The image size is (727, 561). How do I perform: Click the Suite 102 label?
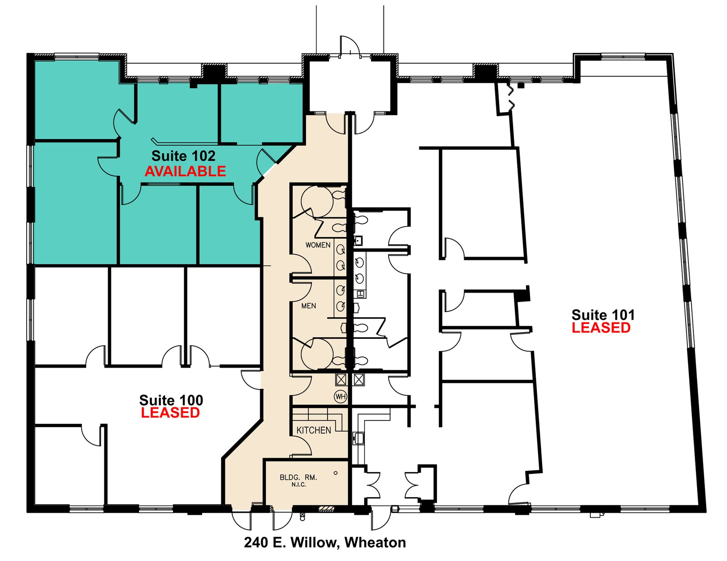tap(183, 156)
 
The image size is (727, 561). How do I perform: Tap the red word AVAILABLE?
tap(185, 171)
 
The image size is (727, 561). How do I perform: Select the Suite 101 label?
tap(603, 315)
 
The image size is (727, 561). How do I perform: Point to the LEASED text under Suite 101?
tap(601, 328)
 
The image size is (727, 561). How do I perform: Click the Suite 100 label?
tap(171, 400)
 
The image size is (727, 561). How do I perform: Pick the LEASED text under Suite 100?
tap(170, 413)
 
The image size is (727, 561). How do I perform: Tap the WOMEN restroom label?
tap(318, 245)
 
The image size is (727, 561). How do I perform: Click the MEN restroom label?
tap(308, 306)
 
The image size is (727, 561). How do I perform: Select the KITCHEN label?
tap(314, 430)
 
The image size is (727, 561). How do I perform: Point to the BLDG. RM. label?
tap(298, 478)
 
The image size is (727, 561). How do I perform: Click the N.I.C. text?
tap(299, 485)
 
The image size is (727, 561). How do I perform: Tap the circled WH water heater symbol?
tap(341, 396)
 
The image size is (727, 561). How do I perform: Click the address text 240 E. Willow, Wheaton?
tap(325, 542)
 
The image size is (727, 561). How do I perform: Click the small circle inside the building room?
tap(335, 473)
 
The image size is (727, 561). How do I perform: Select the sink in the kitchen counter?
tap(358, 438)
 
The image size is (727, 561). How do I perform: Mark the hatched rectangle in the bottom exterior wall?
tap(326, 509)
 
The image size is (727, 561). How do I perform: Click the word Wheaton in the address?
tap(375, 542)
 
